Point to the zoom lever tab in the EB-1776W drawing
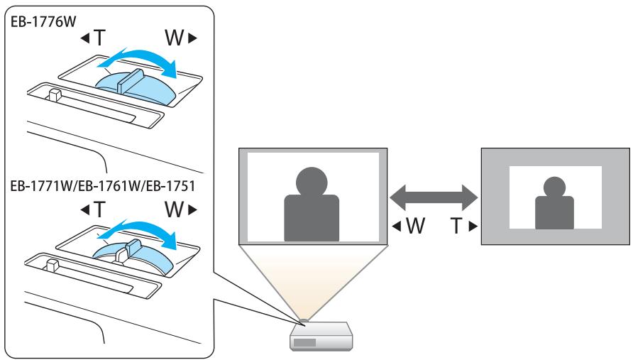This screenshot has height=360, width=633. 127,77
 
